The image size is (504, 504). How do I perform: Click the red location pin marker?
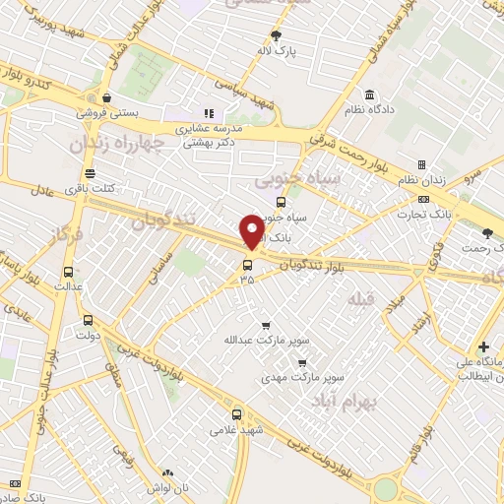pyautogui.click(x=253, y=231)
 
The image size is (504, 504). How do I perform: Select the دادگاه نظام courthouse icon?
pyautogui.click(x=368, y=95)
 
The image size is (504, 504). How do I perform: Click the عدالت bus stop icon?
pyautogui.click(x=68, y=272)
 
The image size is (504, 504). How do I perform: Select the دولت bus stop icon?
pyautogui.click(x=88, y=320)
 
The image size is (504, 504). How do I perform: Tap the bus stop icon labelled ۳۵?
pyautogui.click(x=246, y=264)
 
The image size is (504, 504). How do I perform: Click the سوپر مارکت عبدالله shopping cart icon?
pyautogui.click(x=265, y=326)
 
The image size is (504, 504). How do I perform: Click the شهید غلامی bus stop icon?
pyautogui.click(x=236, y=414)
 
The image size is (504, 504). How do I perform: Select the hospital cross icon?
pyautogui.click(x=482, y=346)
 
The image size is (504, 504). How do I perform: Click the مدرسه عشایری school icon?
pyautogui.click(x=208, y=113)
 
